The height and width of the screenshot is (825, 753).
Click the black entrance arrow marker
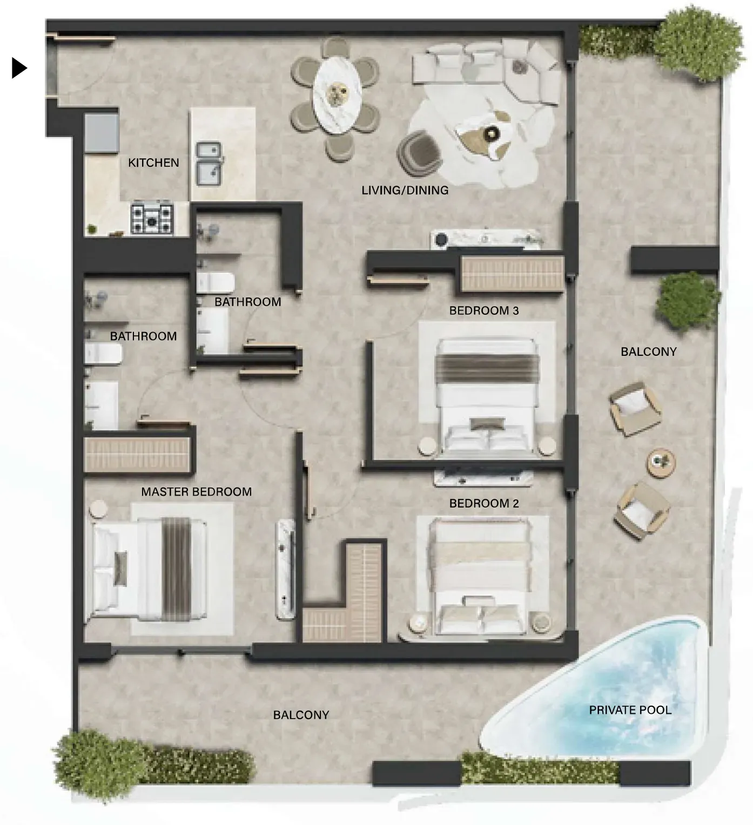[19, 68]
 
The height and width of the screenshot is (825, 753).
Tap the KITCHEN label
[153, 163]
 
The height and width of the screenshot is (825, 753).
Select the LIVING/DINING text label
[405, 191]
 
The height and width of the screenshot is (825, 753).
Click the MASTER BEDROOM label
[196, 492]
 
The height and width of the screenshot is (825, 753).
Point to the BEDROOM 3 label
[484, 311]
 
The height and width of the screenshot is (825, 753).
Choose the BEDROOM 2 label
[484, 503]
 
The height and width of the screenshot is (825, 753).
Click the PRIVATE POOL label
[630, 710]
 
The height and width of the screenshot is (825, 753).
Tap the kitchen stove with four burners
[152, 219]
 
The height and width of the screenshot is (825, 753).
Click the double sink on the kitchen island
[209, 164]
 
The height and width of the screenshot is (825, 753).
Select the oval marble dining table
[337, 94]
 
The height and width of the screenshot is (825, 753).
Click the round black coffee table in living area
[492, 133]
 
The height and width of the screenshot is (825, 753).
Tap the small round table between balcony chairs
[661, 463]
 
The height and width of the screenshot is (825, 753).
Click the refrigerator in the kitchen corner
[102, 134]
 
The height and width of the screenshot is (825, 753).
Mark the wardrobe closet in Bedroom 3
[512, 273]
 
